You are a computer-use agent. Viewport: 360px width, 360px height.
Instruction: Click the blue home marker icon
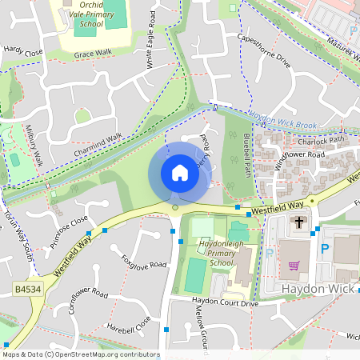point(179,173)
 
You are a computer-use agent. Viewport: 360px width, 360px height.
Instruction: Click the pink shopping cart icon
point(294,265)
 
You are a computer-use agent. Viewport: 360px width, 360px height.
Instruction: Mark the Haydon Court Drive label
point(225,303)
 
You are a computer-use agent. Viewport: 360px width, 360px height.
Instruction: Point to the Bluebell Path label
point(246,155)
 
